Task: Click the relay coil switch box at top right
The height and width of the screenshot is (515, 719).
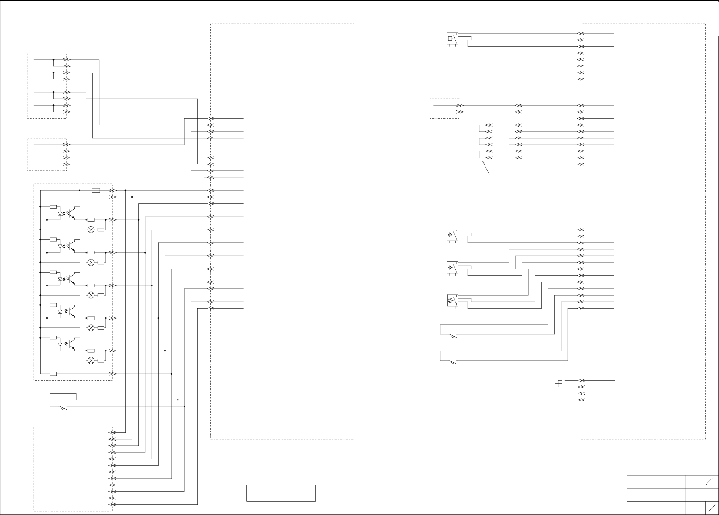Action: click(452, 39)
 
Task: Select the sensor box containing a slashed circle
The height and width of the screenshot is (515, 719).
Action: click(452, 301)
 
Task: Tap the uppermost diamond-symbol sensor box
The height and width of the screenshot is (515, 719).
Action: click(452, 235)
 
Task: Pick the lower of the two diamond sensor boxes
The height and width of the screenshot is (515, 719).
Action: click(452, 268)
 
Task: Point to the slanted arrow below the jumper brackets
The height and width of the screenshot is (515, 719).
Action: click(486, 168)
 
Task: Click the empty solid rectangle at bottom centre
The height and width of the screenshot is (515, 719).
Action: click(281, 493)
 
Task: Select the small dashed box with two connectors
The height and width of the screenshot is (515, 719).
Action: click(445, 109)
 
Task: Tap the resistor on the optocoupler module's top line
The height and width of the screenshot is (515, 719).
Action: click(96, 190)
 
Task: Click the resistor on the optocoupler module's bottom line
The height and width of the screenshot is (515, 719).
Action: click(53, 374)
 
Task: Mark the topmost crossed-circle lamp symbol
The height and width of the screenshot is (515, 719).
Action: click(91, 230)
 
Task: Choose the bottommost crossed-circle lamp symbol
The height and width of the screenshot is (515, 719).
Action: click(91, 360)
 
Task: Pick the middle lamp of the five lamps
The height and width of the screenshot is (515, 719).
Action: click(91, 295)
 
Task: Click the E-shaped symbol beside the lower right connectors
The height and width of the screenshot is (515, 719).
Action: click(559, 383)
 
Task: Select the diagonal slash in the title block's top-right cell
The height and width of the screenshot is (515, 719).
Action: click(707, 482)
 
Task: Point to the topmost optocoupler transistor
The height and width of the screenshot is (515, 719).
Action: click(71, 214)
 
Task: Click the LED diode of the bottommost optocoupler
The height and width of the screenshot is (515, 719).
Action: click(60, 345)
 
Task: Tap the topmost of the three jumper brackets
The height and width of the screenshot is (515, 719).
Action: click(483, 128)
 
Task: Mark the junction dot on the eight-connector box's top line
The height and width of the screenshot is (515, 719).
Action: click(53, 60)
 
